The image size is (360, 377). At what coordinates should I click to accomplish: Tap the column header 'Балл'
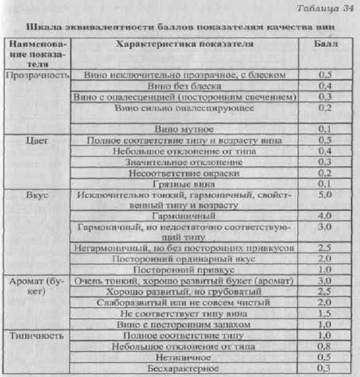pos(325,43)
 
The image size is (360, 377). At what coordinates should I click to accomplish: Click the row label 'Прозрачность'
pos(38,75)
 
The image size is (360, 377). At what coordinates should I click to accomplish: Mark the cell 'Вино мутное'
pos(184,129)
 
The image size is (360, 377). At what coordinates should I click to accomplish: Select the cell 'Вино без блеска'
pos(184,86)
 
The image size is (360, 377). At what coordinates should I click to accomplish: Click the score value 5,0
pos(326,194)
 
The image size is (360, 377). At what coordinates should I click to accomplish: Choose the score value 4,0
pos(326,216)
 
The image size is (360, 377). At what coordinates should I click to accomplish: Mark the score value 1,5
pos(326,314)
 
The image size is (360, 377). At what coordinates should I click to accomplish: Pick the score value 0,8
pos(326,346)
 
